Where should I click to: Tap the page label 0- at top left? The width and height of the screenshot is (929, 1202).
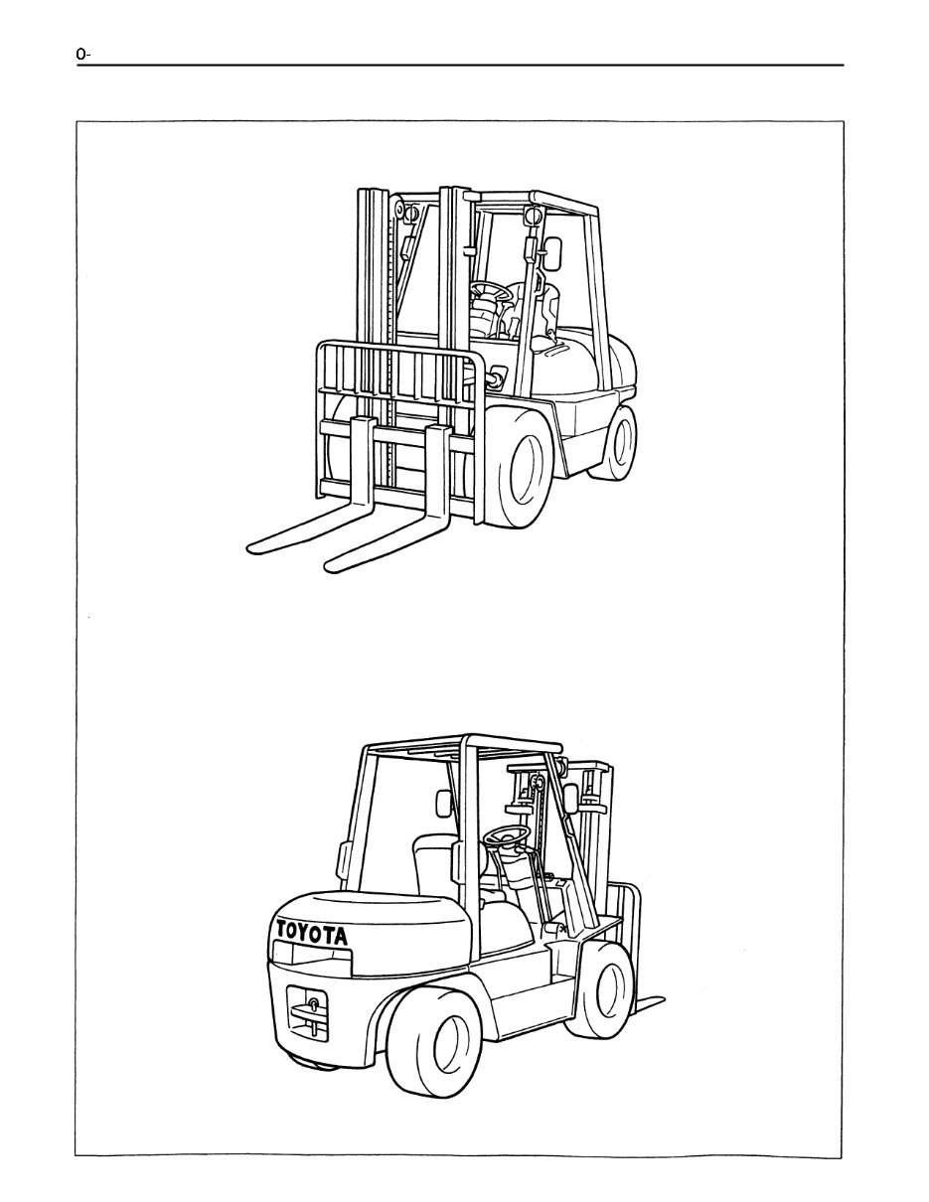[x=83, y=55]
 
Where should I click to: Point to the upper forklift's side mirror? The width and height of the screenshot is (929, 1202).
[x=553, y=254]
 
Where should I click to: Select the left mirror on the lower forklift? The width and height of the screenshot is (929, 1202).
[x=444, y=804]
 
